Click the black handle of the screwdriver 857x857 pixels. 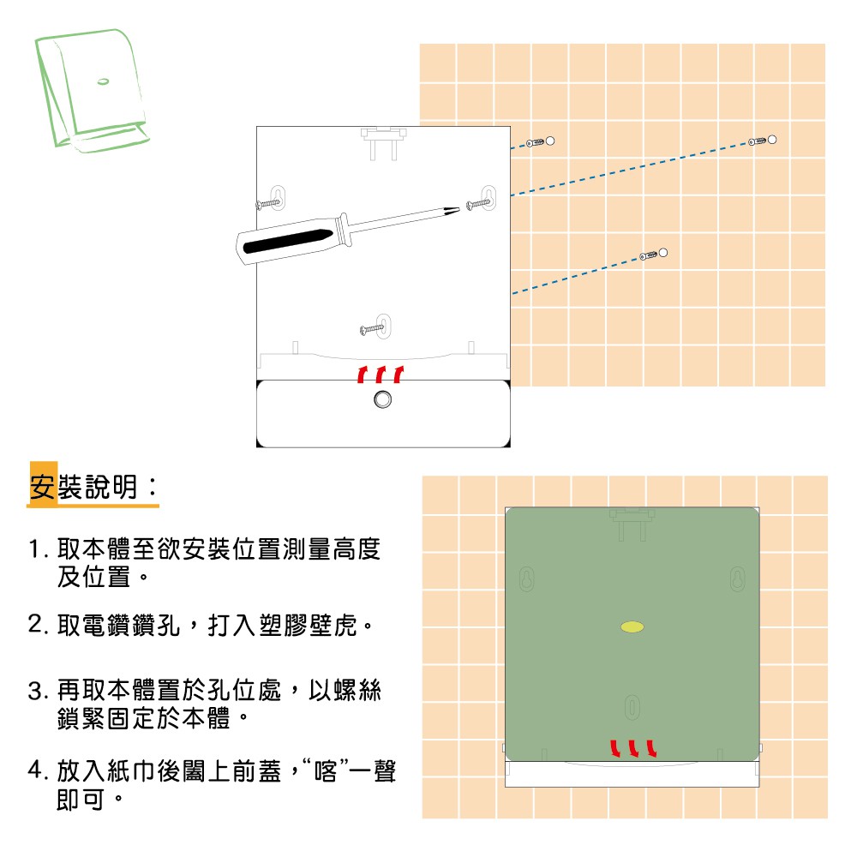pos(288,241)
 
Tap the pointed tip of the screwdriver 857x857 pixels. pos(459,207)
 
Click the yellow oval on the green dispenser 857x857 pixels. pos(632,627)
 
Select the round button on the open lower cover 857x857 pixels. pos(382,399)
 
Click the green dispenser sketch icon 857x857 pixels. pos(93,91)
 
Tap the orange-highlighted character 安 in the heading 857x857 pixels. pos(43,487)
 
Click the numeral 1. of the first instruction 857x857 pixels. pos(38,549)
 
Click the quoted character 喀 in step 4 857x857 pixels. pos(327,771)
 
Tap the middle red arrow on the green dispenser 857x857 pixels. pos(633,748)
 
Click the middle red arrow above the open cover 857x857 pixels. pos(381,375)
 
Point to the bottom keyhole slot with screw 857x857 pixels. pos(384,327)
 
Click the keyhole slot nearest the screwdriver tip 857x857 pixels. pos(488,198)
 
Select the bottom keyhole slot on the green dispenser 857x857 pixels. pos(632,707)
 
